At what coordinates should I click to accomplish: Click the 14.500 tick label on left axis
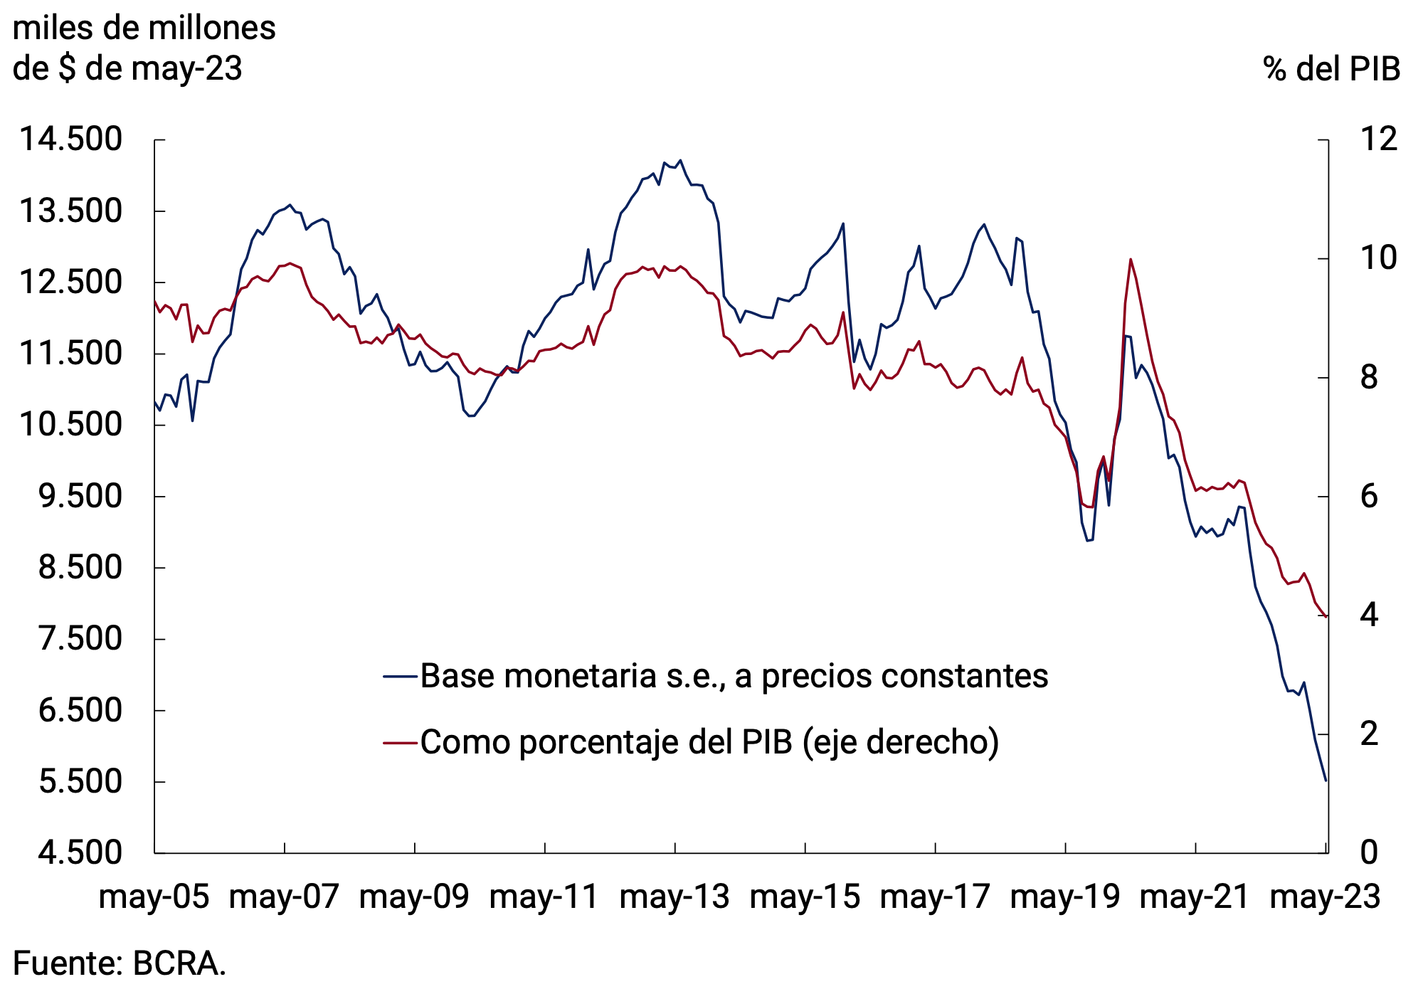point(70,139)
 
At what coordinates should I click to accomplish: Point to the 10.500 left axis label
point(70,425)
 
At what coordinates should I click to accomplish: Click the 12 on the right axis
point(1378,139)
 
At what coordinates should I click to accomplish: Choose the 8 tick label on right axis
point(1369,378)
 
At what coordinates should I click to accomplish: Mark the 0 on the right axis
point(1369,852)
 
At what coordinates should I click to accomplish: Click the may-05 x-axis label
point(154,897)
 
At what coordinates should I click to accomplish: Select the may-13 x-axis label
point(675,897)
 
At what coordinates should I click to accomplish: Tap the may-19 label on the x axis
point(1064,897)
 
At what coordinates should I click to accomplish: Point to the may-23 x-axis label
point(1325,897)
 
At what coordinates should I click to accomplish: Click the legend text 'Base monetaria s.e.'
point(734,676)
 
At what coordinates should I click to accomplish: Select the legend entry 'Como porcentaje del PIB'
point(709,742)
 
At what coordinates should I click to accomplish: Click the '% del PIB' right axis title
point(1331,70)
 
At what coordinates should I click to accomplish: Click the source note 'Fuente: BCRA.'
point(120,963)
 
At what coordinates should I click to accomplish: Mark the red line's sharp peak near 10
point(1131,260)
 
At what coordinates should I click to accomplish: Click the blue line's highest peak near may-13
point(680,161)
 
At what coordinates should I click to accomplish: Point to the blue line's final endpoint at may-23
point(1326,781)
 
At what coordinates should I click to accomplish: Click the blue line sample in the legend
point(400,676)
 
